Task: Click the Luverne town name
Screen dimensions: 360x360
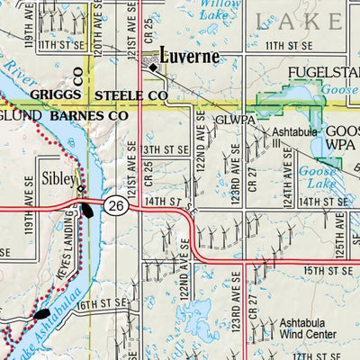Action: pos(189,56)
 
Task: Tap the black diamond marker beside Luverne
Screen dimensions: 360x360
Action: pos(154,67)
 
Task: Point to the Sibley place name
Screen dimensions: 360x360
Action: pos(59,178)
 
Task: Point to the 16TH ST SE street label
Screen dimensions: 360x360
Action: pos(98,306)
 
